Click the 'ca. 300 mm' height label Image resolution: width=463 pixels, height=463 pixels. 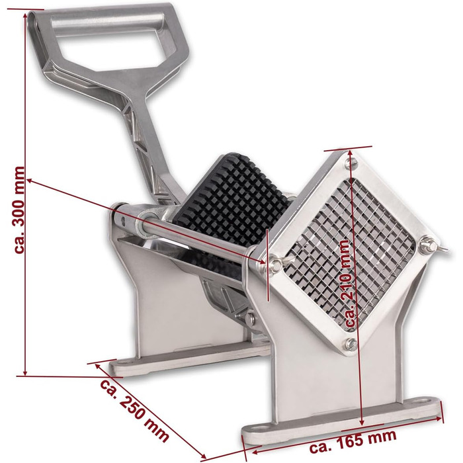click(x=20, y=210)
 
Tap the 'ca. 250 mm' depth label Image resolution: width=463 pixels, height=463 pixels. click(x=135, y=411)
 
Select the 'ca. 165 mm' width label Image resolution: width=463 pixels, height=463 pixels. click(x=353, y=441)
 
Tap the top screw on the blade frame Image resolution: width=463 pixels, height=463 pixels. click(x=351, y=163)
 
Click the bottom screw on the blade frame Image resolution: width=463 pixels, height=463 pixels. click(x=351, y=345)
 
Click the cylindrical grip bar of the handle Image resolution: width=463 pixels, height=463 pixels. click(x=107, y=22)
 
